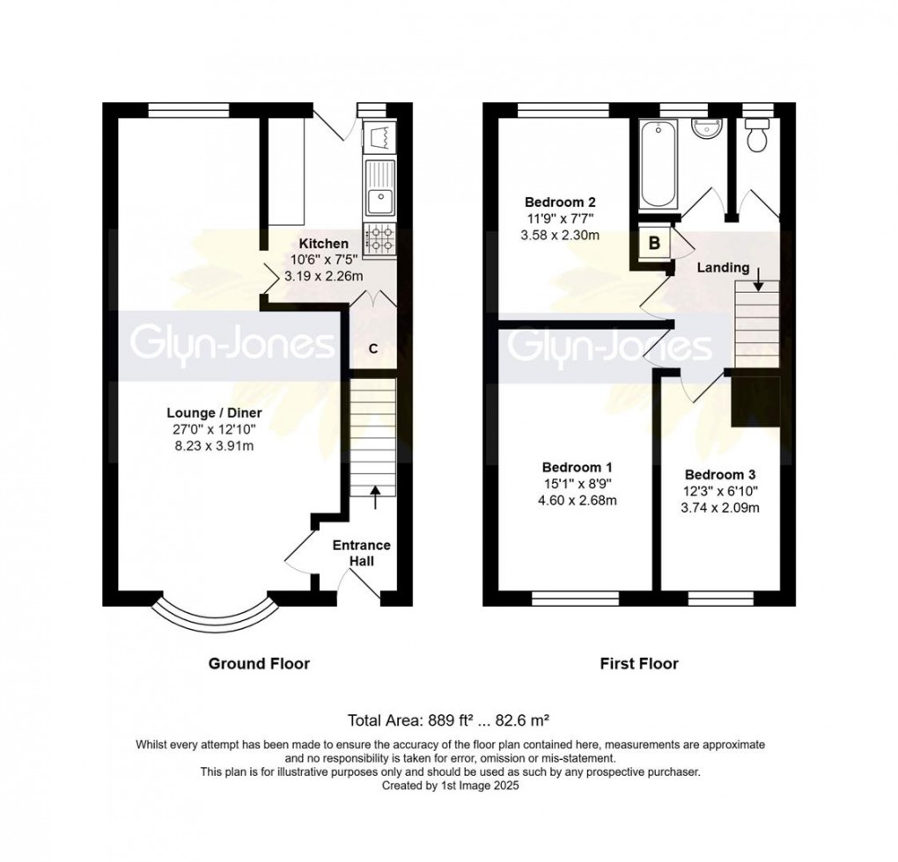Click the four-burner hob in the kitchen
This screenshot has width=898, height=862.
click(379, 239)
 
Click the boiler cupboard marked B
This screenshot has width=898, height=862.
click(653, 243)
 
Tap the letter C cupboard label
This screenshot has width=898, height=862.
click(372, 348)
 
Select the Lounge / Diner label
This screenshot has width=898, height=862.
click(214, 413)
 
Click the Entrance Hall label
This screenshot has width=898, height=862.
click(362, 553)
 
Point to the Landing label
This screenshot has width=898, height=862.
click(723, 267)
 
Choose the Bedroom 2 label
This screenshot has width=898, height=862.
click(560, 202)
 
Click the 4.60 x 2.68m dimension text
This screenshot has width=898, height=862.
click(577, 500)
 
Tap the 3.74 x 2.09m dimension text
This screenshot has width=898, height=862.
click(720, 508)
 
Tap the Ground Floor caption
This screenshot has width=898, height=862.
click(259, 663)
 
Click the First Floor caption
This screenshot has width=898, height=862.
click(639, 663)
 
